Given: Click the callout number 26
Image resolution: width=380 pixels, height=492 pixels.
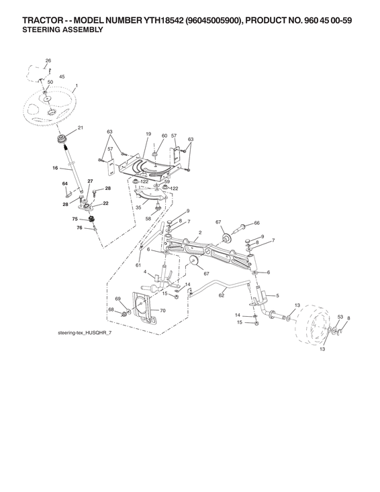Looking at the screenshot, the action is click(48, 60).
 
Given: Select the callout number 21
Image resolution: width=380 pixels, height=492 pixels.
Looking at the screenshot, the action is click(81, 128).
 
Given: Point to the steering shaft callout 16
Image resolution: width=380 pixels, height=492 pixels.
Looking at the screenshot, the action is click(55, 168).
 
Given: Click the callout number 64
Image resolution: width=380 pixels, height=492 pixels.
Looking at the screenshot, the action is click(65, 183).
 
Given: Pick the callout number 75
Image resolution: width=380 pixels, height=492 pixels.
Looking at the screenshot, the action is click(75, 219).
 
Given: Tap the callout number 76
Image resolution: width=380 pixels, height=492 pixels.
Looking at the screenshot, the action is click(79, 228).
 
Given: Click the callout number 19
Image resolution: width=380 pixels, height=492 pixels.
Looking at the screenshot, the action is click(148, 134).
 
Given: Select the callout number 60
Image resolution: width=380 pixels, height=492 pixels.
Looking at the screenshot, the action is click(164, 136).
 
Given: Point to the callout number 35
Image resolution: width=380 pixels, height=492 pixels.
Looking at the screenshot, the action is click(138, 207).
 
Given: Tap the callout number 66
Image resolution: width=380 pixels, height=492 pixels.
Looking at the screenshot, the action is click(256, 223).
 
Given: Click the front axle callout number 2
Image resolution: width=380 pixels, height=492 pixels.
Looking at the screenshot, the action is click(200, 232).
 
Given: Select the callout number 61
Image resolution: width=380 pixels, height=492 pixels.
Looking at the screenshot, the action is click(138, 265).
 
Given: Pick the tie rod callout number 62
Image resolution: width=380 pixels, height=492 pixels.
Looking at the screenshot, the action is click(222, 295).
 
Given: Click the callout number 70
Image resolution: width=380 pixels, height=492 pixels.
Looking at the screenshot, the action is click(162, 311).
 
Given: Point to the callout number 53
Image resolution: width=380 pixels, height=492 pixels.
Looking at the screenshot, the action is click(340, 317).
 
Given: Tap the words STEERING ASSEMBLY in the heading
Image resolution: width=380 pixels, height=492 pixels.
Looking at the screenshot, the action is click(62, 30).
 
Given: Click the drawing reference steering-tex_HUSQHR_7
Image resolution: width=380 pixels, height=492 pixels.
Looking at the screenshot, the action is click(85, 333).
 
